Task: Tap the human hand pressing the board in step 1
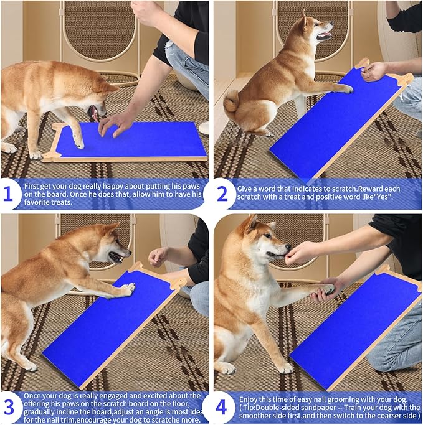tap(116, 123)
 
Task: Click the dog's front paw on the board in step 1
tap(78, 142)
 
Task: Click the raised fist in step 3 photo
tap(158, 256)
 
